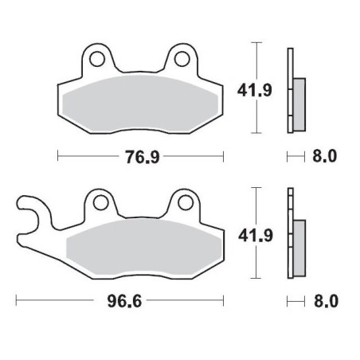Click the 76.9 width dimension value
point(140,156)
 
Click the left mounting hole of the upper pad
point(99,58)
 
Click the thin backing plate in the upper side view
point(290,88)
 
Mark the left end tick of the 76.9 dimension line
point(58,156)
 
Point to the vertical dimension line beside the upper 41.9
point(256,88)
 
